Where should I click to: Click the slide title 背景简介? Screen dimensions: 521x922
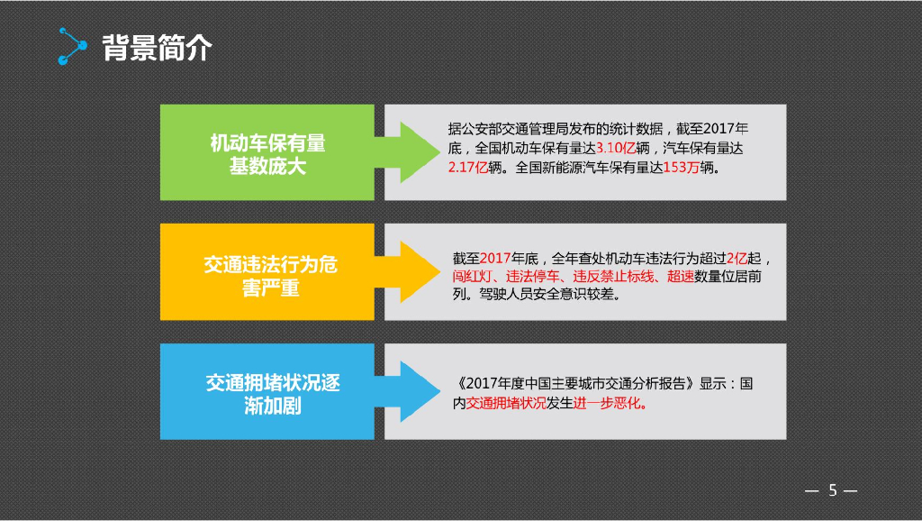pos(157,47)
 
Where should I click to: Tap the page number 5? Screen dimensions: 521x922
pos(832,490)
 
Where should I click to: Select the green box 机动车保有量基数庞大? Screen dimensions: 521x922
pos(267,152)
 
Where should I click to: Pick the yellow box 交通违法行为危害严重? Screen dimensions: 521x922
pos(267,272)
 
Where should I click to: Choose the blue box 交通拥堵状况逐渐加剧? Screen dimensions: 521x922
pos(267,392)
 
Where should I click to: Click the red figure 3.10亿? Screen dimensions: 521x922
pos(615,148)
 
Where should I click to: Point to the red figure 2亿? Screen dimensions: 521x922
pos(737,258)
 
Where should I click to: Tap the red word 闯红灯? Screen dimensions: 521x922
pos(473,277)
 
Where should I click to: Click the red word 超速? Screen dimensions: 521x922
pos(681,277)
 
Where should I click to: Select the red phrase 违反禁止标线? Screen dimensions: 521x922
pos(615,277)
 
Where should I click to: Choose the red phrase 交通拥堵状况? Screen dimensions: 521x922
pos(506,403)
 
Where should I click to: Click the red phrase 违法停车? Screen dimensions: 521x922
pos(532,277)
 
